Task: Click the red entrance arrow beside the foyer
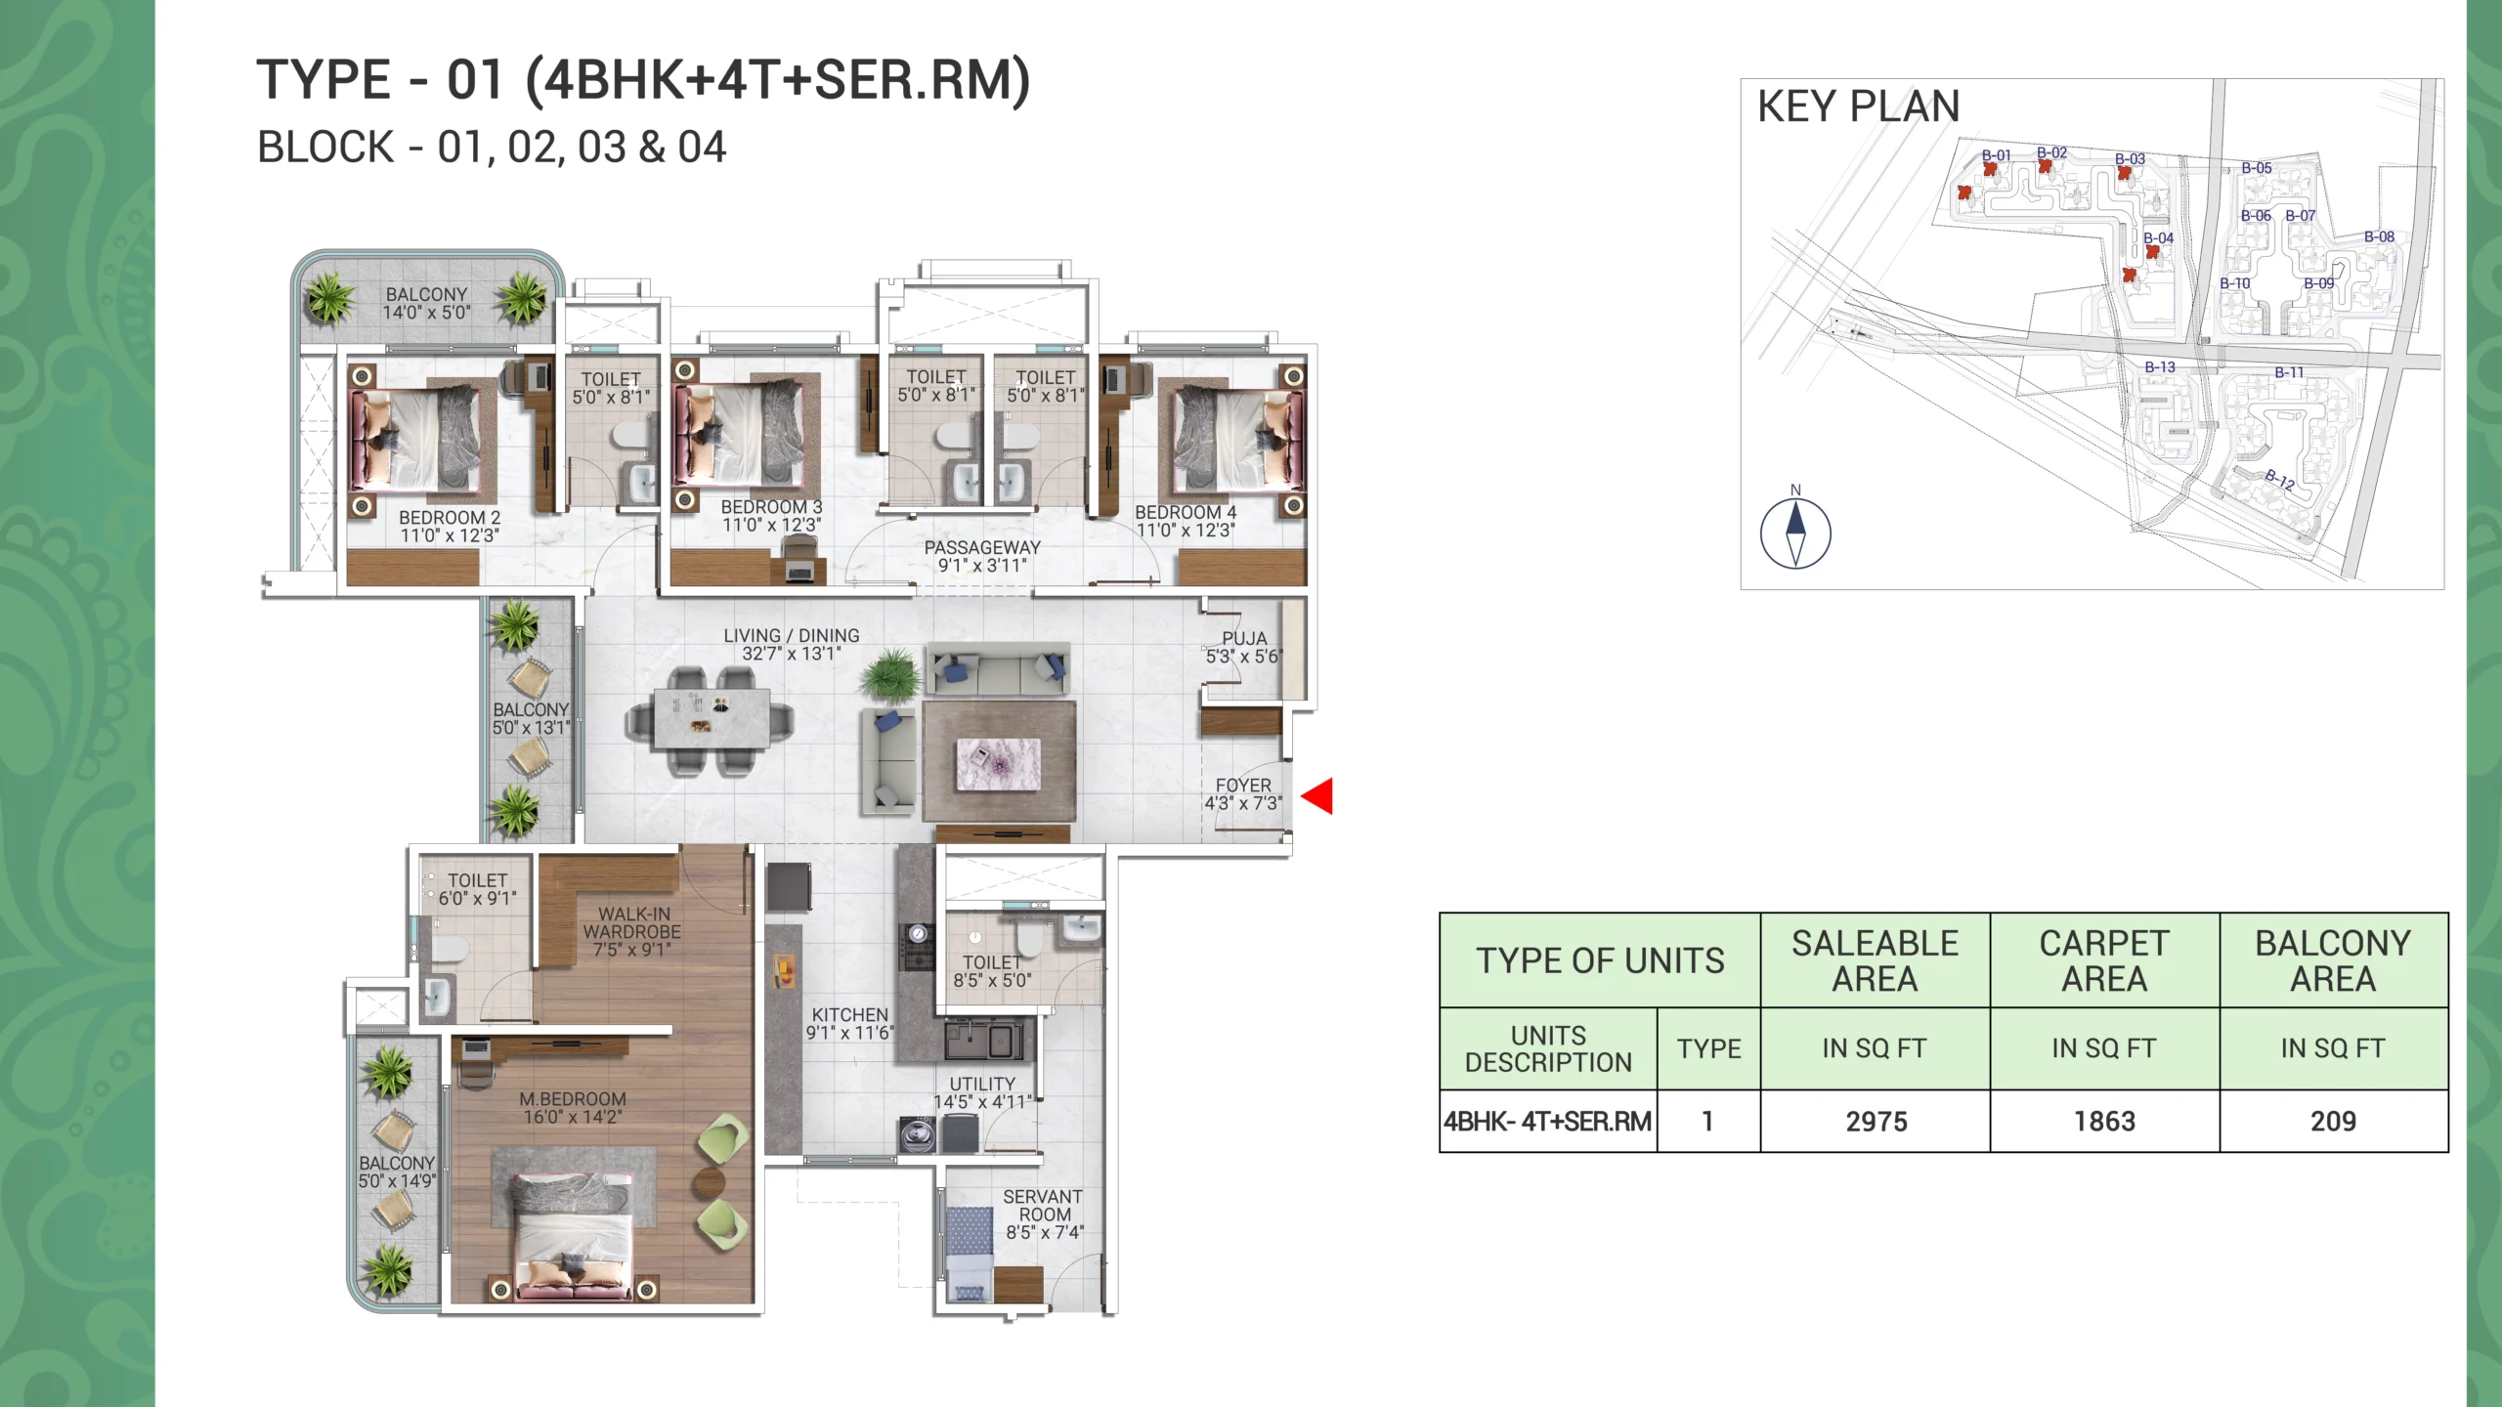(x=1318, y=796)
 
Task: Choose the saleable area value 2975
(x=1876, y=1122)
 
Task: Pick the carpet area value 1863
(x=2104, y=1122)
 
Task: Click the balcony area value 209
(x=2333, y=1122)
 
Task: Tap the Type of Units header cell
(x=1600, y=960)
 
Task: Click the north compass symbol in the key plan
(x=1795, y=533)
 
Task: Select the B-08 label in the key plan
(x=2379, y=236)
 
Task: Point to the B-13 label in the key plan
(x=2160, y=367)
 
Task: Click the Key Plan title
(x=1858, y=106)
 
